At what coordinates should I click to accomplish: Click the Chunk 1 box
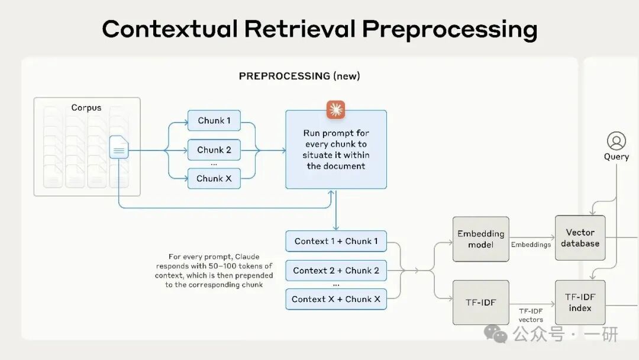tap(214, 121)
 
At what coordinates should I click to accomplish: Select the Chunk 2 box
tap(214, 150)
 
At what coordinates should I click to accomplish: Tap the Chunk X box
tap(214, 178)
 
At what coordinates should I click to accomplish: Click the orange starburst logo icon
tap(335, 110)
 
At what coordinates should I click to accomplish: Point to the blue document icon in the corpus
tap(119, 147)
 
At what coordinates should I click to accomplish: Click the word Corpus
tap(86, 108)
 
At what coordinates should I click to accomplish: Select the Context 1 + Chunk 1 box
tap(336, 241)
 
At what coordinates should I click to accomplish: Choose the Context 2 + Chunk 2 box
tap(336, 271)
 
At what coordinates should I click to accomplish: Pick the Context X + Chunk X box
tap(336, 300)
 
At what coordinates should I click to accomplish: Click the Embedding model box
tap(480, 239)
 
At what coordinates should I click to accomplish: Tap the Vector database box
tap(580, 238)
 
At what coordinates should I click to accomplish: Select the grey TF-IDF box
tap(480, 303)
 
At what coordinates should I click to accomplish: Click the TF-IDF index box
tap(580, 303)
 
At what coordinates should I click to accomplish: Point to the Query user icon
tap(616, 142)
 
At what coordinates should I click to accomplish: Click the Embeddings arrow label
tap(531, 245)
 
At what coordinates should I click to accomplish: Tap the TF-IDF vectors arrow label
tap(531, 315)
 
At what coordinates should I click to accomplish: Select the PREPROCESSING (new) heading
tap(299, 76)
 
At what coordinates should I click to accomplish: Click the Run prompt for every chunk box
tap(336, 150)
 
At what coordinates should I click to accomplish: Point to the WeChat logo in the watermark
tap(496, 334)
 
